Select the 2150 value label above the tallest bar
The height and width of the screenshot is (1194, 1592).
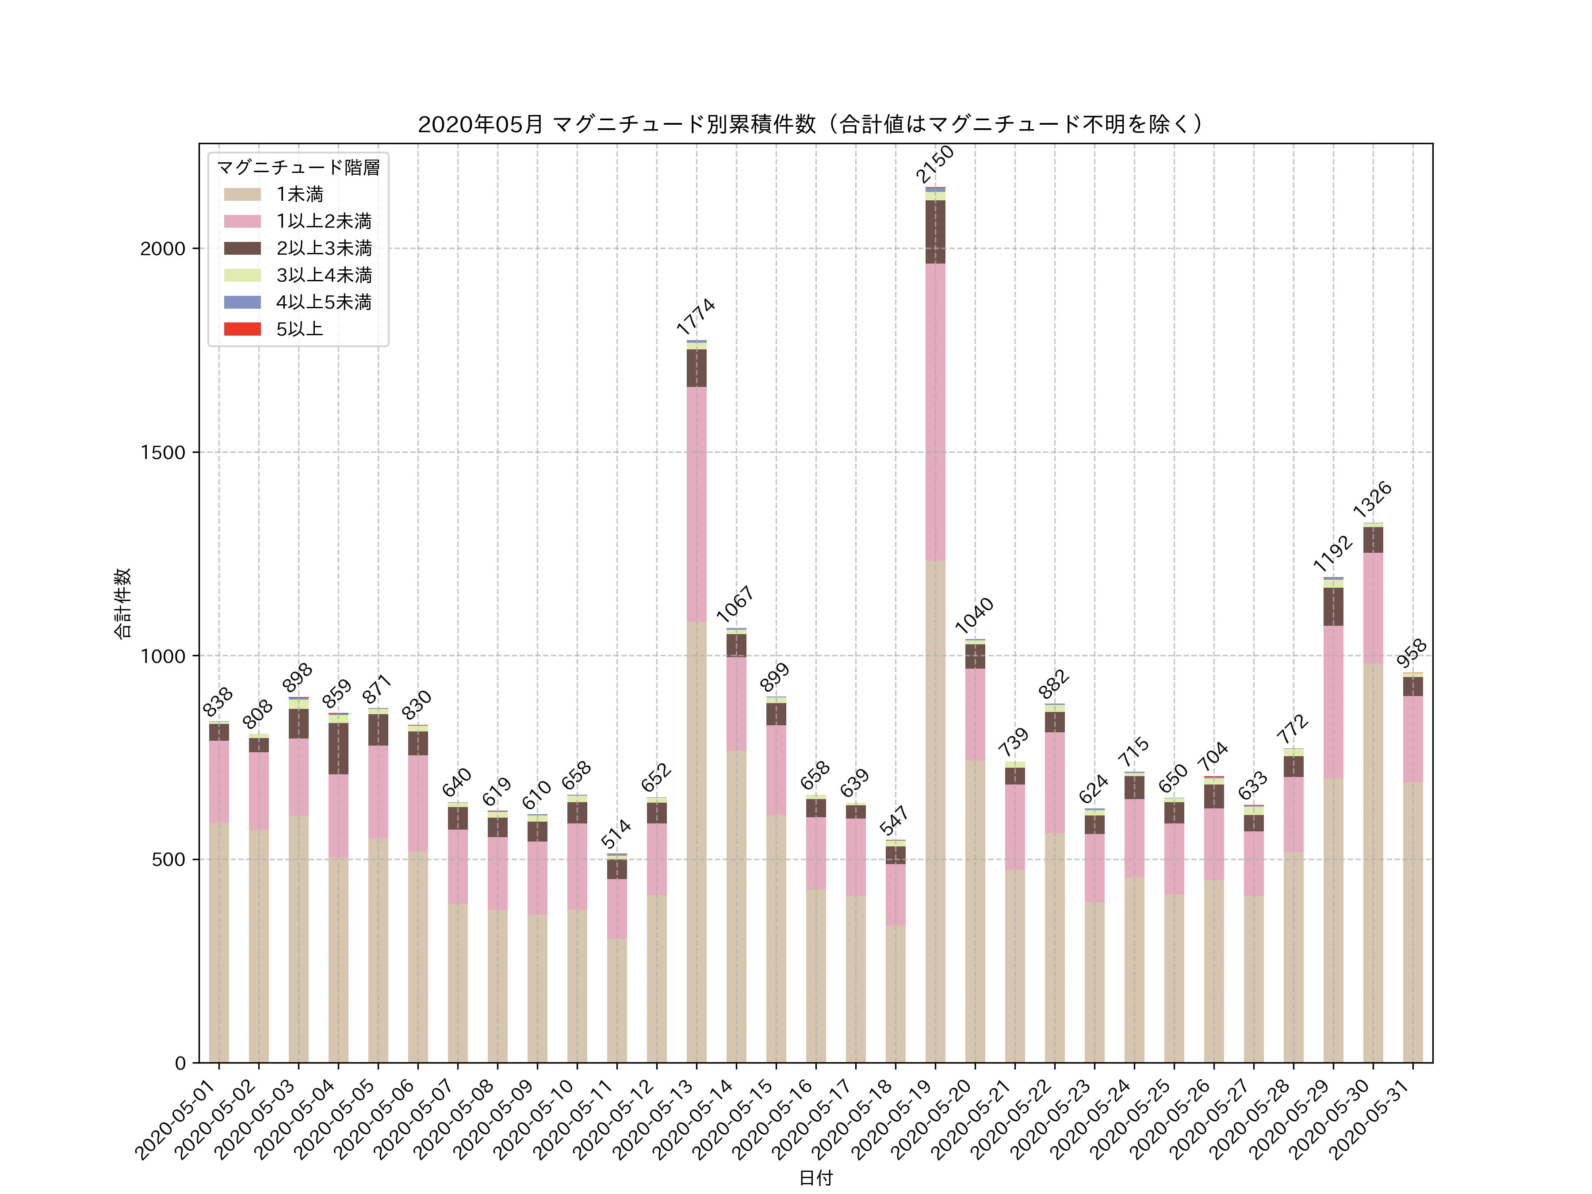[x=935, y=164]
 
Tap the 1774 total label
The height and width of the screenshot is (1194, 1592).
[x=696, y=317]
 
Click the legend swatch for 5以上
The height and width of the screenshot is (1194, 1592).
[x=242, y=329]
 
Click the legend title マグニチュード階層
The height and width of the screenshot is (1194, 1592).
[x=298, y=168]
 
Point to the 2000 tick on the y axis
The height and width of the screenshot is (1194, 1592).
[x=163, y=249]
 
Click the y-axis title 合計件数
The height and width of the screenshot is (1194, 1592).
[x=123, y=603]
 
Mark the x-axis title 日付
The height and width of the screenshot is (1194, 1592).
[x=815, y=1178]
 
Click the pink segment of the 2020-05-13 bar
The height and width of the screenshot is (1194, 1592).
[x=696, y=504]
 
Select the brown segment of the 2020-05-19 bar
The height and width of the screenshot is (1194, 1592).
[x=935, y=232]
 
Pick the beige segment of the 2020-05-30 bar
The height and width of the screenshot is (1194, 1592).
[x=1373, y=864]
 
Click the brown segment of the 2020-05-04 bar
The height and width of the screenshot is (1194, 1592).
[x=338, y=749]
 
